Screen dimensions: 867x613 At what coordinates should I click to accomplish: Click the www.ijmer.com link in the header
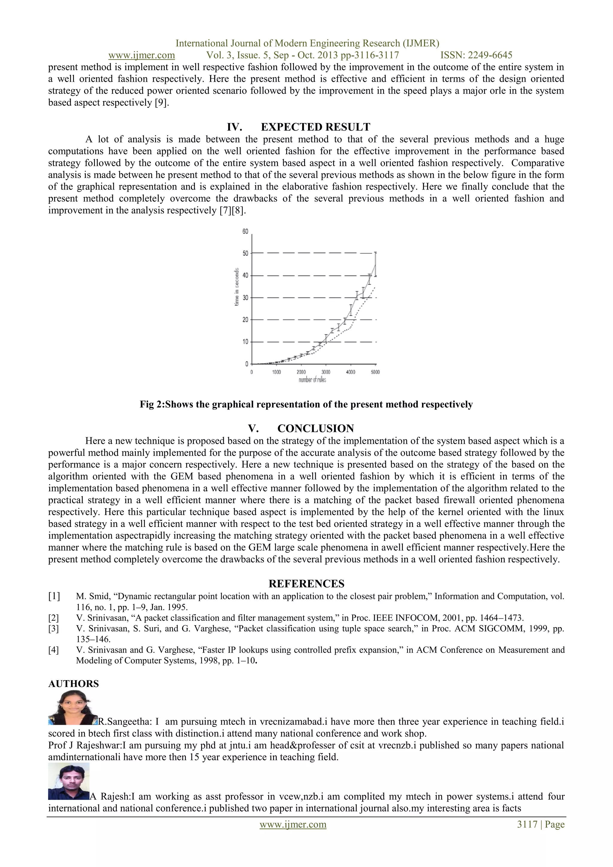[x=142, y=55]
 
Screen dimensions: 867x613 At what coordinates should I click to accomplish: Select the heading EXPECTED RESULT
[x=315, y=127]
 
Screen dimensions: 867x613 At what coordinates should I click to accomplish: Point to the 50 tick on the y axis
[x=245, y=253]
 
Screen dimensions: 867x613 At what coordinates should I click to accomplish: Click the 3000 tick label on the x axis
[x=326, y=372]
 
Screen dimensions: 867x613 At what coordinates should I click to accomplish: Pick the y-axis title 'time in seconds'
[x=237, y=287]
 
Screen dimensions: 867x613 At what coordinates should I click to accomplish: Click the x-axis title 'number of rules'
[x=312, y=380]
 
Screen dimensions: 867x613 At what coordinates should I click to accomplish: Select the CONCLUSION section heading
[x=315, y=429]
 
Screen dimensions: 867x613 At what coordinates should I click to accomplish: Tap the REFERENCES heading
[x=306, y=584]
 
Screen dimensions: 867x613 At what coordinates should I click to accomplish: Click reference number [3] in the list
[x=54, y=629]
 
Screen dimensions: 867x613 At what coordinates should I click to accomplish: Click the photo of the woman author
[x=73, y=708]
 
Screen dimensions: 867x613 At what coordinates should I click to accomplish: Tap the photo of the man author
[x=69, y=781]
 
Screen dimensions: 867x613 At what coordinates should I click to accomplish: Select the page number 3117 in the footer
[x=527, y=824]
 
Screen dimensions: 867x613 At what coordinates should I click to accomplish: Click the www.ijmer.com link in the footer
[x=293, y=824]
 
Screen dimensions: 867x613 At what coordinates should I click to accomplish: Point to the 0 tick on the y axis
[x=246, y=364]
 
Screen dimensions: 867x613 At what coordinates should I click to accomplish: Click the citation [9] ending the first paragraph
[x=161, y=103]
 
